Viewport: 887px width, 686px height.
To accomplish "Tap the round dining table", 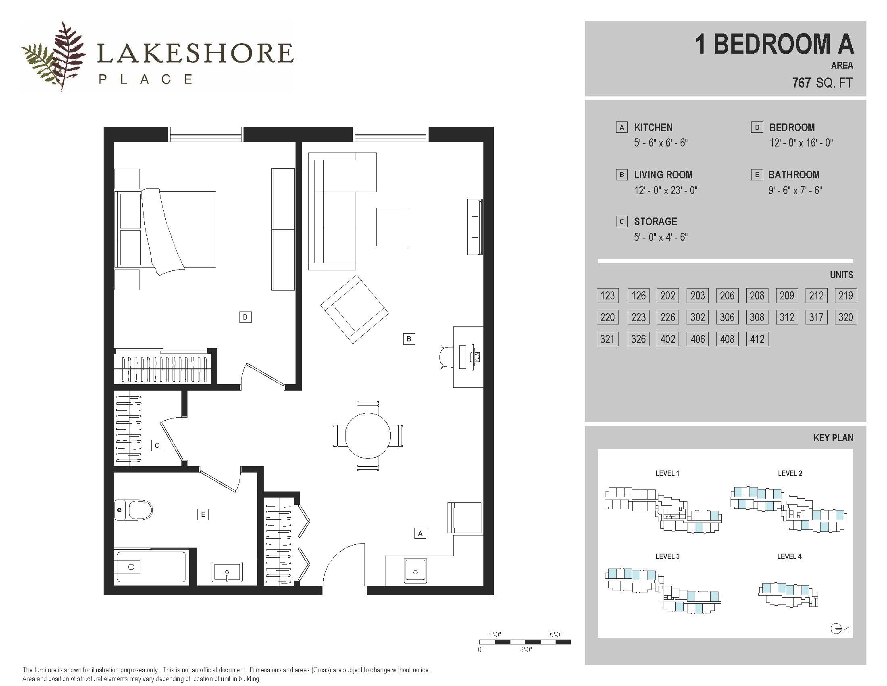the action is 368,435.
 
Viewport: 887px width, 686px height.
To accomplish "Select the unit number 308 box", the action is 757,318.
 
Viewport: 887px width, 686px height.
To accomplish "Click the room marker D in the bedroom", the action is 245,317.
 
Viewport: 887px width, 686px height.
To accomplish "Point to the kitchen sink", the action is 415,571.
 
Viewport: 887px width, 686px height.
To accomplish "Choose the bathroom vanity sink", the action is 227,572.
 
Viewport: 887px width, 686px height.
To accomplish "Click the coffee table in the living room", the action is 391,227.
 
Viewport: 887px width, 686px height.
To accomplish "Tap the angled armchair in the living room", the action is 354,309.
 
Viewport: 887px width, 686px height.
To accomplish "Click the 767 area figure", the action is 801,83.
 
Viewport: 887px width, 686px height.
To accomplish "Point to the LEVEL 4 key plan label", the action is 789,556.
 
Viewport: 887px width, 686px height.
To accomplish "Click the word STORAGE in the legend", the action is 656,222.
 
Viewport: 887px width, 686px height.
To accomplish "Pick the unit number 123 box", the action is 608,295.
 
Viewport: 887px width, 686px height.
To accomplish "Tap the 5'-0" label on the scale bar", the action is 556,634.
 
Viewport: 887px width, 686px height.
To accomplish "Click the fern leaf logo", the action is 55,56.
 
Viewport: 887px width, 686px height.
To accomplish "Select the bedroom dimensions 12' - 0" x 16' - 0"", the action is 801,142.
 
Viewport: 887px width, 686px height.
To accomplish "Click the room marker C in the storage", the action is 157,445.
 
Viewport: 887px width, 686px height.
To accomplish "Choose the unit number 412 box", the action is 757,339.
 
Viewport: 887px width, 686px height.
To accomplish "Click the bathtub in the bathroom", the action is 151,567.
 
